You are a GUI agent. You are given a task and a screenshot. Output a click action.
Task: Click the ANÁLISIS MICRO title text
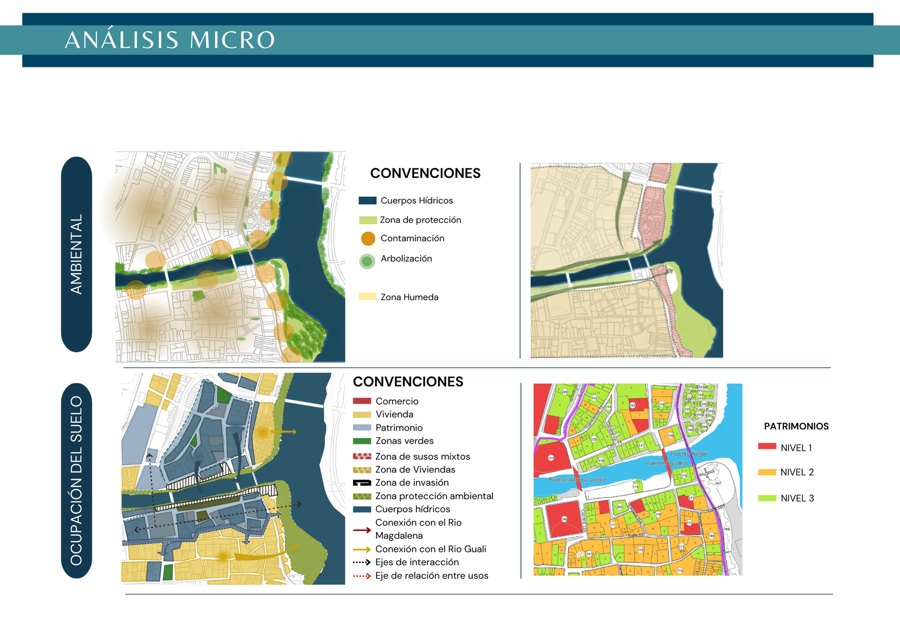pyautogui.click(x=170, y=40)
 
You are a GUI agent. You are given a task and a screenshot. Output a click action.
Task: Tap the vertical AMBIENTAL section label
pyautogui.click(x=76, y=254)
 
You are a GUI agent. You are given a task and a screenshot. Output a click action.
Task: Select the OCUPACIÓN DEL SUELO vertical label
pyautogui.click(x=76, y=480)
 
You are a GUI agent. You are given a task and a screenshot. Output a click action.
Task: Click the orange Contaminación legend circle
pyautogui.click(x=368, y=239)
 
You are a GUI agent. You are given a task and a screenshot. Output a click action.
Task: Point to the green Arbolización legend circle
pyautogui.click(x=367, y=261)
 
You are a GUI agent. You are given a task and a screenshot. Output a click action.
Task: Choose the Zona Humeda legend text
pyautogui.click(x=409, y=297)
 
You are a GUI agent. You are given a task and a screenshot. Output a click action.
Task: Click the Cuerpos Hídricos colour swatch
pyautogui.click(x=367, y=201)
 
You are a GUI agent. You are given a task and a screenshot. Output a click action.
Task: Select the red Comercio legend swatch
pyautogui.click(x=362, y=401)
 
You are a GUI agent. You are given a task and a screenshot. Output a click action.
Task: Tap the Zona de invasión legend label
pyautogui.click(x=412, y=483)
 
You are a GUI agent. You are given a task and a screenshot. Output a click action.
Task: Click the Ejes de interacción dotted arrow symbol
pyautogui.click(x=362, y=562)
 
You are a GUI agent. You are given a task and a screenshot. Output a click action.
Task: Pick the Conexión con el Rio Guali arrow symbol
pyautogui.click(x=362, y=549)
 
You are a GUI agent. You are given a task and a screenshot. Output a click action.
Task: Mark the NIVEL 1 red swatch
pyautogui.click(x=767, y=446)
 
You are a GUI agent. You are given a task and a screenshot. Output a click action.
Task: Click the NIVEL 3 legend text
pyautogui.click(x=797, y=498)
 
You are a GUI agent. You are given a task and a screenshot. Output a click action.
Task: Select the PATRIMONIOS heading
pyautogui.click(x=796, y=426)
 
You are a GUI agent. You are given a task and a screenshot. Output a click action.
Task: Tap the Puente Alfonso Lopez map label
pyautogui.click(x=577, y=480)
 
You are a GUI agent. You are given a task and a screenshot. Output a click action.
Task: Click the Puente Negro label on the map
pyautogui.click(x=689, y=454)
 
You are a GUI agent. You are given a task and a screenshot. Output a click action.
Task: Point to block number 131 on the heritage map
pyautogui.click(x=551, y=458)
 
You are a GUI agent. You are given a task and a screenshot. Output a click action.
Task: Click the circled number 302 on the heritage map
pyautogui.click(x=620, y=507)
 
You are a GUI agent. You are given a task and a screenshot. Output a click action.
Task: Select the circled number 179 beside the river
pyautogui.click(x=635, y=487)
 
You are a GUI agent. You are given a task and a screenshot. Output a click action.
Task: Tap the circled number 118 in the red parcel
pyautogui.click(x=633, y=406)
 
